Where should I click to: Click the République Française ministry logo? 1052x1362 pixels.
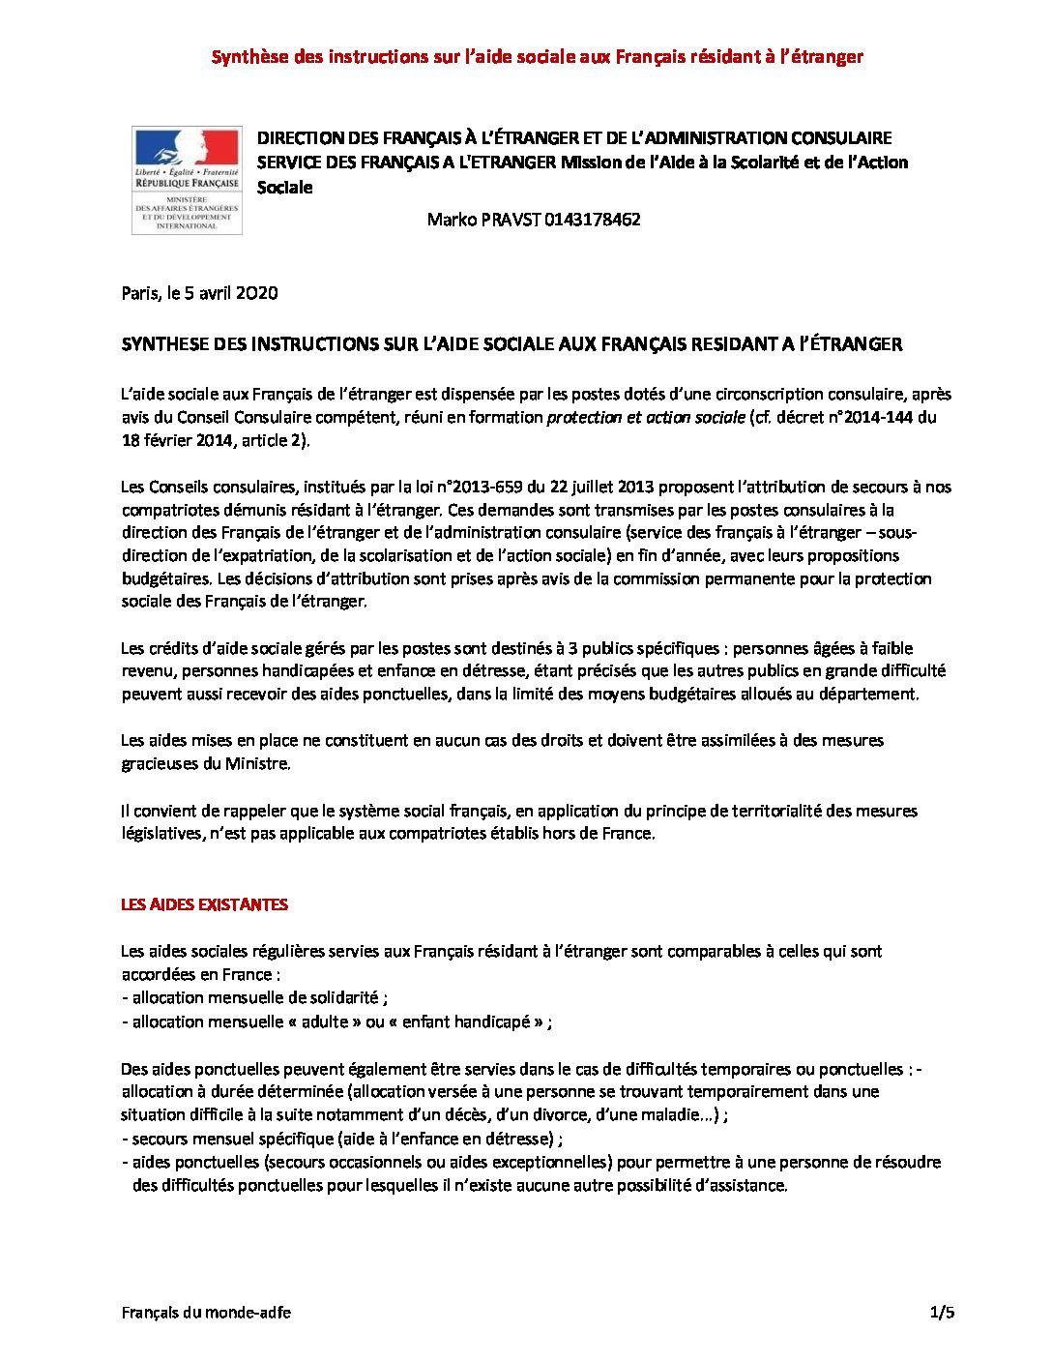pos(187,180)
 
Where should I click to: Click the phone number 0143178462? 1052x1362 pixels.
pos(592,220)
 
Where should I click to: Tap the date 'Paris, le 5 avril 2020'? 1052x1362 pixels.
pos(199,293)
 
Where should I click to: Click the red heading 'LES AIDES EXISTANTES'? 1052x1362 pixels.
pos(204,904)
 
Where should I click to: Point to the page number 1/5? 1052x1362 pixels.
pos(942,1313)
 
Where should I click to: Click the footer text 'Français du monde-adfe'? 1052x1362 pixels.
pos(206,1313)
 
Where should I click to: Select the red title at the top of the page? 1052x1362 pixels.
pos(537,56)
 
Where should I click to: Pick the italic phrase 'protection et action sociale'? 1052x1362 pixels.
pos(646,418)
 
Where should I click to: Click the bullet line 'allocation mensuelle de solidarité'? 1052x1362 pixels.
pos(255,997)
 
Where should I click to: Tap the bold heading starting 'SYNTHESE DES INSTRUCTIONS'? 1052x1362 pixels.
pos(511,343)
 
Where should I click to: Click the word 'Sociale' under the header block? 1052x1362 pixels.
pos(284,188)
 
